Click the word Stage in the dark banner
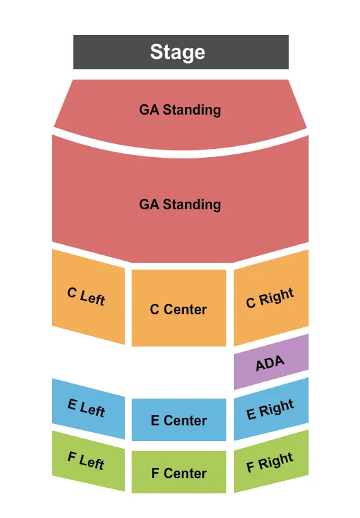[178, 52]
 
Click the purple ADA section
[271, 362]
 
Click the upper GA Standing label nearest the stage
[180, 110]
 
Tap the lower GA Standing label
[180, 204]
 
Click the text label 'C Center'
[178, 309]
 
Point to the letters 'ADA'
[270, 363]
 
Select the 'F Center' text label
[179, 473]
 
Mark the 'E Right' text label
[270, 410]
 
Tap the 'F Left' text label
[86, 461]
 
